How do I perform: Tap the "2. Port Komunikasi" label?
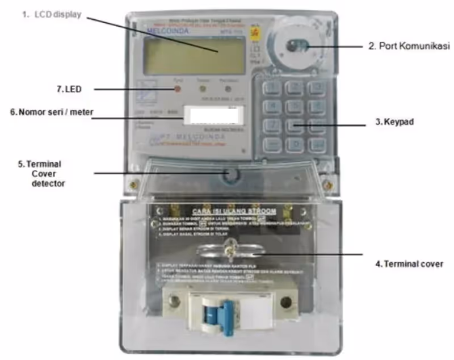(409, 47)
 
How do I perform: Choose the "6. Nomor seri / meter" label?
(52, 112)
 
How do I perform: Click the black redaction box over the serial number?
(214, 116)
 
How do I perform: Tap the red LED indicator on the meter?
(177, 90)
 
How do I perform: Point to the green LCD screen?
(194, 56)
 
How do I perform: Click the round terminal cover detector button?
(230, 174)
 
